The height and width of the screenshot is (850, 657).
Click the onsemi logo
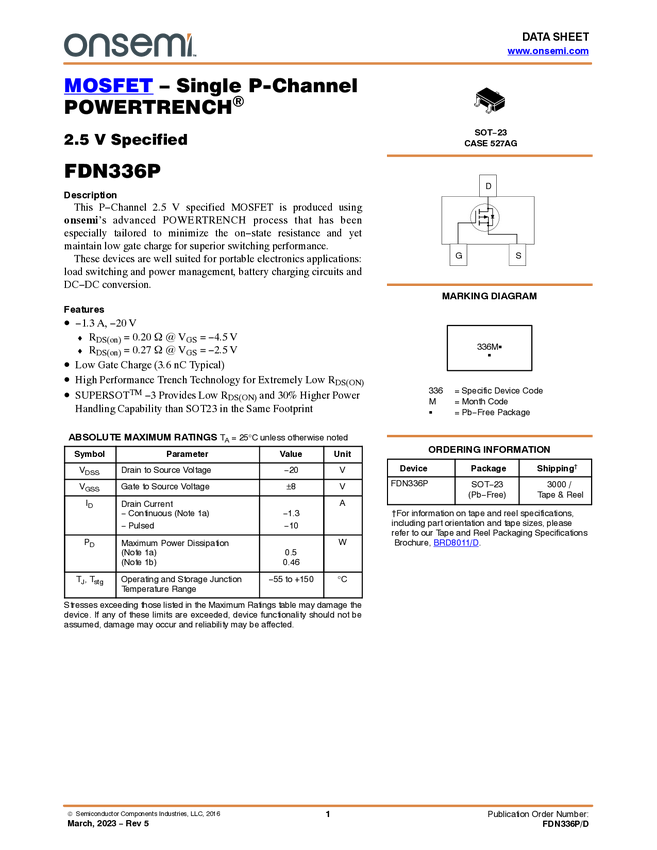coord(129,45)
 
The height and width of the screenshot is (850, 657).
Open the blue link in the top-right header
coord(548,51)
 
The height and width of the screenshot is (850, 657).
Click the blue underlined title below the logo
coord(108,86)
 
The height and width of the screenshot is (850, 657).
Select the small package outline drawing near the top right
coord(489,103)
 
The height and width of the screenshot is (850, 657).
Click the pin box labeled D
coord(488,186)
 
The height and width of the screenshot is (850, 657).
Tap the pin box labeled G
coord(459,256)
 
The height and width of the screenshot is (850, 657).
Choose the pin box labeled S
coord(518,256)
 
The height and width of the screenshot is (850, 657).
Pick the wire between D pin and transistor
coord(488,200)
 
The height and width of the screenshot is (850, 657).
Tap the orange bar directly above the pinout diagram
coord(489,156)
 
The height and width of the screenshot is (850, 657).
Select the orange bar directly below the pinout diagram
coord(489,285)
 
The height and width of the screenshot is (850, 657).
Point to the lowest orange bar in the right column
coord(489,436)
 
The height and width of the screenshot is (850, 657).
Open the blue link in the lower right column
coord(456,543)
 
